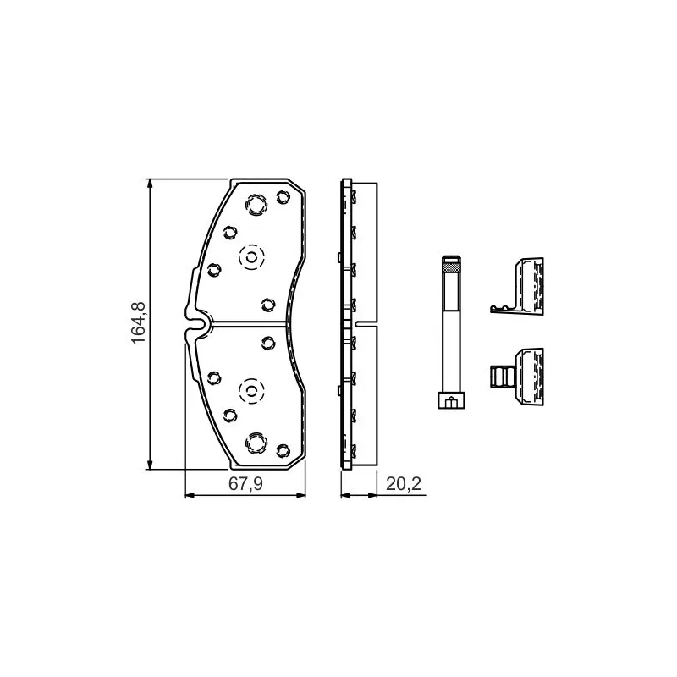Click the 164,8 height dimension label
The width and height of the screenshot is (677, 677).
point(139,324)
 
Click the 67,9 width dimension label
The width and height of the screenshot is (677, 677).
point(245,484)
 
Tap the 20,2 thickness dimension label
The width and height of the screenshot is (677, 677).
point(404,484)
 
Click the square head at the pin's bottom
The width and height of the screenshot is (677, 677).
point(451,399)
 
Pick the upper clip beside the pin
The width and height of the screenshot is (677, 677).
point(517,285)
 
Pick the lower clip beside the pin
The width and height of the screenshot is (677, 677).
point(517,377)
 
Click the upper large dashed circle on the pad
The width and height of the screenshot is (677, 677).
point(250,258)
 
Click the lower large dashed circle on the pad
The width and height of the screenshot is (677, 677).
point(250,391)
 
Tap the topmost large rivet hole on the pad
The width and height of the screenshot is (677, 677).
point(256,204)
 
